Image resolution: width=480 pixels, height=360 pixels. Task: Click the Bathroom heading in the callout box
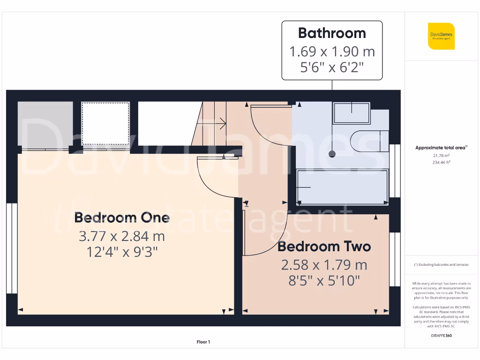point(332,33)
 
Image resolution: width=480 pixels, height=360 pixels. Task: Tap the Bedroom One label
point(122,217)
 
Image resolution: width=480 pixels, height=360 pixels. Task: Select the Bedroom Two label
point(324,247)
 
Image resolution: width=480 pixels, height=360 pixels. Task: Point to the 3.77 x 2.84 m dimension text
point(122,236)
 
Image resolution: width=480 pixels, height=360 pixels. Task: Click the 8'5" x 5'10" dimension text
point(324,281)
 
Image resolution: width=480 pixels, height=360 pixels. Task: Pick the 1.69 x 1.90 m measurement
point(332,51)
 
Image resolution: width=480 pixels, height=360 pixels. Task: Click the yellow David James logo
point(441,36)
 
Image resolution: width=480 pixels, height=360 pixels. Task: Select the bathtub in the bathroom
point(342,187)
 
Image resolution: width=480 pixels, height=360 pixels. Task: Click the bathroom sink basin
point(351,113)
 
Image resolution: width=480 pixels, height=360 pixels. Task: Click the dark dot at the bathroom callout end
point(332,153)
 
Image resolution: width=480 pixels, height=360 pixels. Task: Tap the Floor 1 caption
point(203,342)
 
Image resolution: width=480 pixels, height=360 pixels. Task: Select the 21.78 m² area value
point(441,155)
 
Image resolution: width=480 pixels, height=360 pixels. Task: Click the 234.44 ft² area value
point(441,162)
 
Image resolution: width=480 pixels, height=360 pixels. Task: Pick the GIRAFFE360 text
point(441,336)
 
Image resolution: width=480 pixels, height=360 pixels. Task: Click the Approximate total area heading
point(441,148)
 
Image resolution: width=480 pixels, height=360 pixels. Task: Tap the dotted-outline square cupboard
point(105,124)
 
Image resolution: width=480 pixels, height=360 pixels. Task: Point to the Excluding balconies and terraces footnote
point(441,265)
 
